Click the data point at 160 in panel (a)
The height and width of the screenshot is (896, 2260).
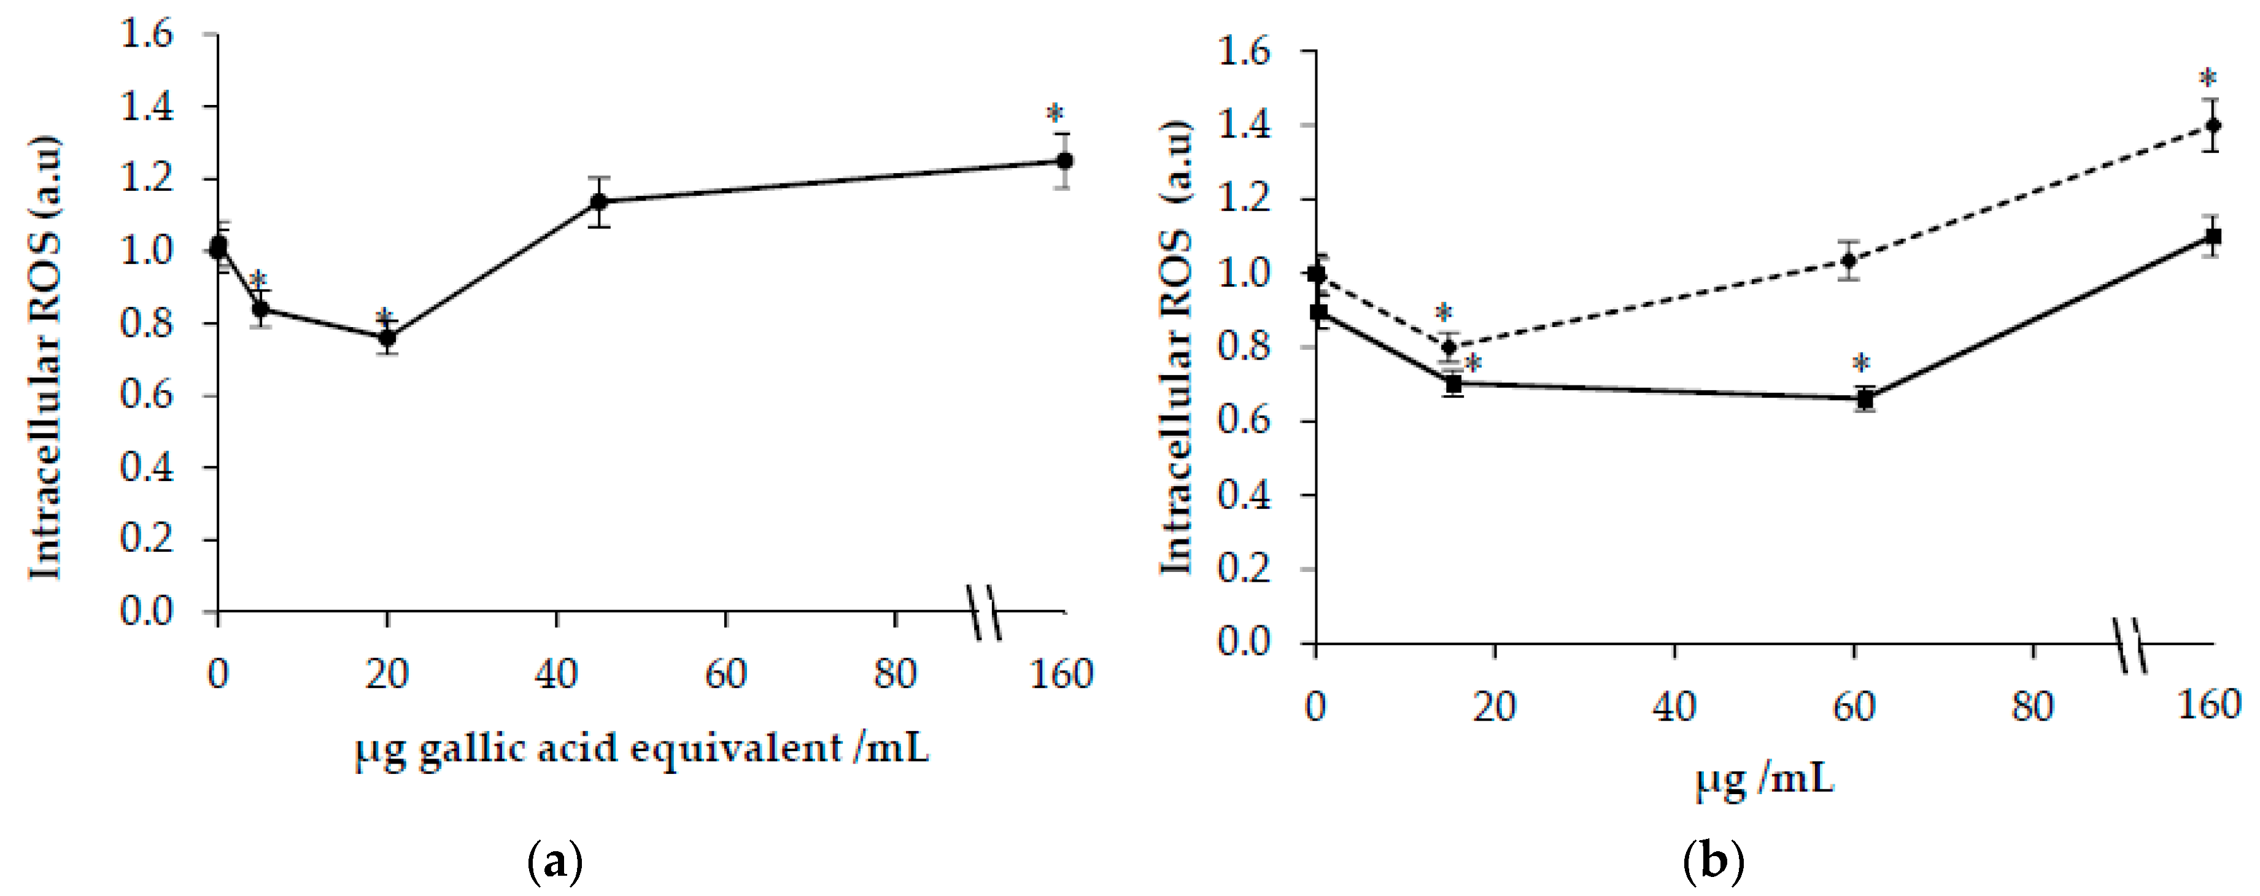(1064, 161)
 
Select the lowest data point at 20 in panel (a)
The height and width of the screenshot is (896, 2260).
(387, 338)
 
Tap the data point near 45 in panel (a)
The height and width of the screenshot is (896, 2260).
(599, 202)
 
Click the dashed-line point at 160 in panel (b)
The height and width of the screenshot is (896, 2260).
(2213, 125)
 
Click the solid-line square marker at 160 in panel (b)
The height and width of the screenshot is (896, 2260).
(2213, 236)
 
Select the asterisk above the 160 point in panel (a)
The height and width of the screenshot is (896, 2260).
(1055, 115)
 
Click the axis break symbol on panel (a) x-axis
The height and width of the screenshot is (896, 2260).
(985, 612)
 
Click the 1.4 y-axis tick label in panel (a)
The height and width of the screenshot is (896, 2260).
(147, 107)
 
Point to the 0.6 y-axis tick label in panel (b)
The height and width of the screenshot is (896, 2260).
(1244, 421)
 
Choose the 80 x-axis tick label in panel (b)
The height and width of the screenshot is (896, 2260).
(2032, 706)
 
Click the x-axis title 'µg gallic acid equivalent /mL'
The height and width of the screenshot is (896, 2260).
(641, 749)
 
